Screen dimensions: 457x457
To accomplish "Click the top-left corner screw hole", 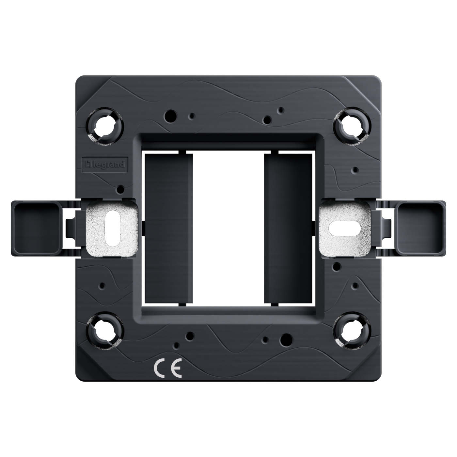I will (x=105, y=126).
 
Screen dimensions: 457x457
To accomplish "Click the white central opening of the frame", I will (x=228, y=228).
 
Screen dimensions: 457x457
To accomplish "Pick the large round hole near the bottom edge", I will (x=287, y=339).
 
